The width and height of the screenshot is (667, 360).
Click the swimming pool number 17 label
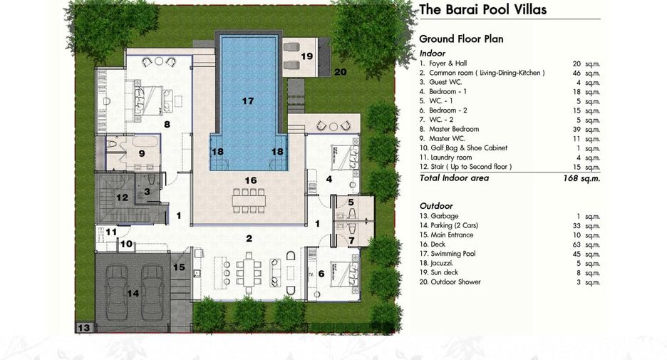coord(248,101)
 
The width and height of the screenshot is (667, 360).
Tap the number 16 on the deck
coord(251,180)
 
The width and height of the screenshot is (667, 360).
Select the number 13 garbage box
coord(84,327)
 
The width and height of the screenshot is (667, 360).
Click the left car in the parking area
coord(117,293)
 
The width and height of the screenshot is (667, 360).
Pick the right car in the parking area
coord(152,293)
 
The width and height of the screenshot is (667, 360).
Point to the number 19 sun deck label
coord(306,56)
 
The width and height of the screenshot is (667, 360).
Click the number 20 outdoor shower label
coord(340,72)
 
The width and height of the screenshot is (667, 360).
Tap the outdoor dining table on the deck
coord(249,200)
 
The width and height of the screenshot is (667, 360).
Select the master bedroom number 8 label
coord(167,124)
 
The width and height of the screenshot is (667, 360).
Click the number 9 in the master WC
coord(142,153)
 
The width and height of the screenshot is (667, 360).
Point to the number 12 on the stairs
coord(122,197)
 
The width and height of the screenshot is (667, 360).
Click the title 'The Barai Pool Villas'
coord(483,10)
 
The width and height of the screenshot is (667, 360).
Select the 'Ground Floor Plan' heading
coord(461,38)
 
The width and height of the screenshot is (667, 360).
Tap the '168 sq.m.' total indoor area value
coord(581,178)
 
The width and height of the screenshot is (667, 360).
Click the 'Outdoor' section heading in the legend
coord(436,206)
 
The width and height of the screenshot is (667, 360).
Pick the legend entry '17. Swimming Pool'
coord(448,254)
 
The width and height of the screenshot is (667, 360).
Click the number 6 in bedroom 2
coord(321,274)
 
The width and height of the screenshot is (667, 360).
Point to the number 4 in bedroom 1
coord(329,179)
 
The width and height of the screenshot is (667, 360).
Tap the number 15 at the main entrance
coord(179,267)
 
